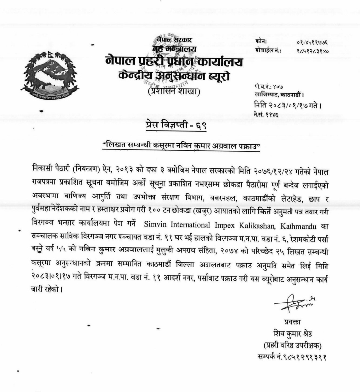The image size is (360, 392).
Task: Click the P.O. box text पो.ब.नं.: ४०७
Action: pyautogui.click(x=265, y=77)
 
